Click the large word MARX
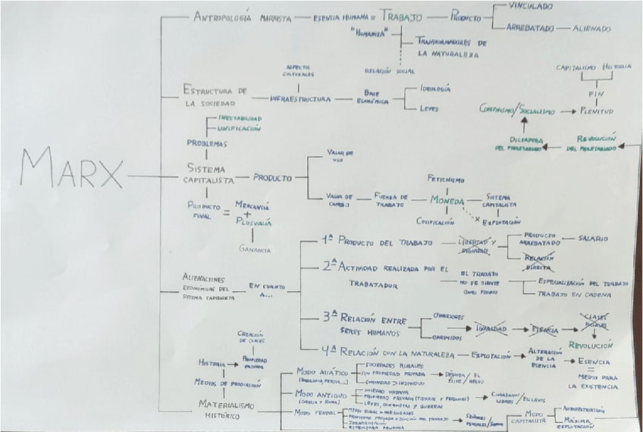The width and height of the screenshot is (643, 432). tap(72, 168)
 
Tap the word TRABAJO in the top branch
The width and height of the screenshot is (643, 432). tap(402, 16)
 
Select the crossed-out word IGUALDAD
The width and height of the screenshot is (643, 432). tap(491, 330)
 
